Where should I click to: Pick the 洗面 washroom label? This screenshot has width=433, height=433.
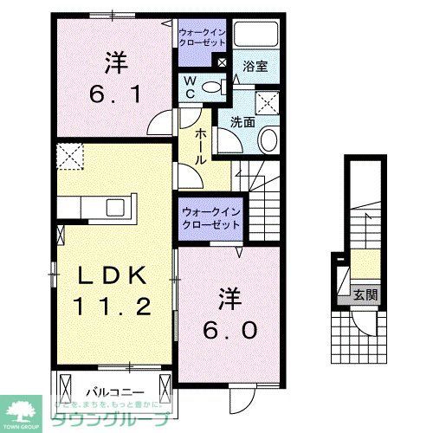click(242, 122)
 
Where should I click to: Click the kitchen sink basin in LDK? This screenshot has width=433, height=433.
click(115, 208)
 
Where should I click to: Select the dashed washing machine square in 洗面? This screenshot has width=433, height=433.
click(267, 103)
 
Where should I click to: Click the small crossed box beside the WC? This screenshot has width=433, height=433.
click(222, 63)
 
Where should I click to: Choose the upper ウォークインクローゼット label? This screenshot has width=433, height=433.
click(202, 36)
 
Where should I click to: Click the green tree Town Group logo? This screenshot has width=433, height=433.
click(25, 409)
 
